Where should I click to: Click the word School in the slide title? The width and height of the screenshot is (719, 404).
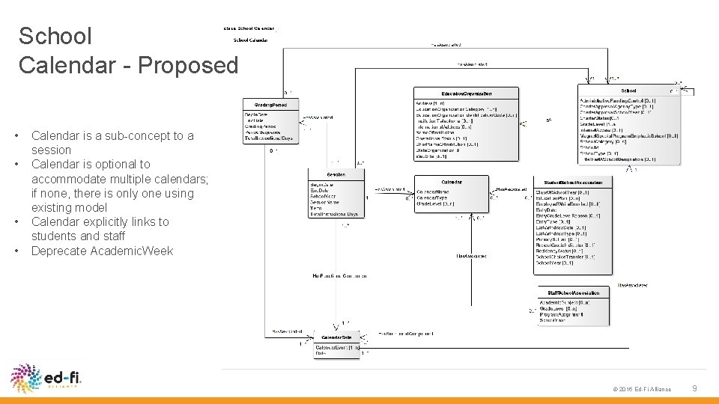[x=55, y=36]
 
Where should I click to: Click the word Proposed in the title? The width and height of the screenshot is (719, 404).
[x=189, y=65]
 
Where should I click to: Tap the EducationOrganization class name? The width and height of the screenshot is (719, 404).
[x=466, y=93]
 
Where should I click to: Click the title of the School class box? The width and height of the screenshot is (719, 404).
[x=628, y=91]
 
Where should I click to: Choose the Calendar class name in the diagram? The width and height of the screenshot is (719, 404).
[x=451, y=182]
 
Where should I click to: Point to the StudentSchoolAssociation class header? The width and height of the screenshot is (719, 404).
[x=573, y=182]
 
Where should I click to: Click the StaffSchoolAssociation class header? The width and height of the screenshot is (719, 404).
[x=573, y=293]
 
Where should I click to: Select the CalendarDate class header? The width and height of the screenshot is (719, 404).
[x=336, y=337]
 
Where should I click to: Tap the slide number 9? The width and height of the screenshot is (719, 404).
[x=694, y=388]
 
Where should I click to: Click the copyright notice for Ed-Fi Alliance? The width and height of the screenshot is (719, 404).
[x=641, y=389]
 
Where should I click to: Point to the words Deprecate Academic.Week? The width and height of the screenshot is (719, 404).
[x=102, y=251]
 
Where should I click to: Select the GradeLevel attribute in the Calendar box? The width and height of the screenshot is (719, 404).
[x=435, y=203]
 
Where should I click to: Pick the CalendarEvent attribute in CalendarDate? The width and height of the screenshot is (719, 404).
[x=338, y=348]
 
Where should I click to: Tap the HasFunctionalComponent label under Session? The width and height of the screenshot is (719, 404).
[x=339, y=276]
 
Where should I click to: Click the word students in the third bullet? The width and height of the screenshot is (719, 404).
[x=55, y=236]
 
